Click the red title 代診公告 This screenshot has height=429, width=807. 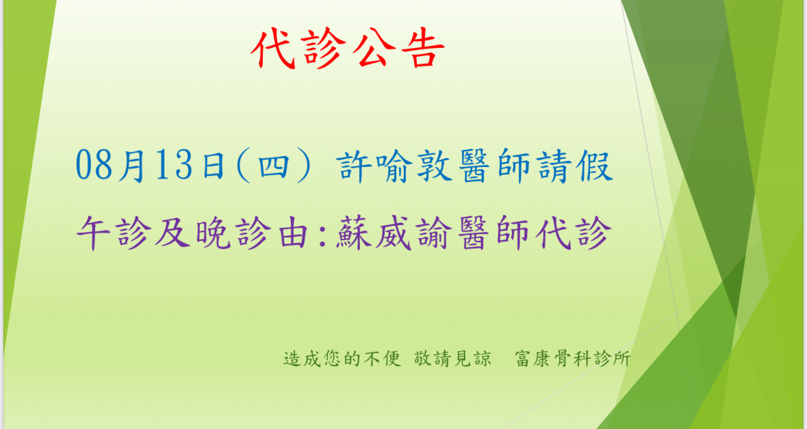348,49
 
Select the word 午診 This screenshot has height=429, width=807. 114,233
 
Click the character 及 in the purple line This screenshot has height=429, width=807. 173,233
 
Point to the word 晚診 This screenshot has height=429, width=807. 233,233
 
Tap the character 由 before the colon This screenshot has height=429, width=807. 294,233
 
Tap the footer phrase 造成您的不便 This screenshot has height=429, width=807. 342,359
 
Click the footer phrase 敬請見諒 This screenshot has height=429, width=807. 452,359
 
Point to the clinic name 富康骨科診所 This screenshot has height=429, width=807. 573,359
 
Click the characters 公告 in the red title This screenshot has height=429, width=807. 399,49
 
